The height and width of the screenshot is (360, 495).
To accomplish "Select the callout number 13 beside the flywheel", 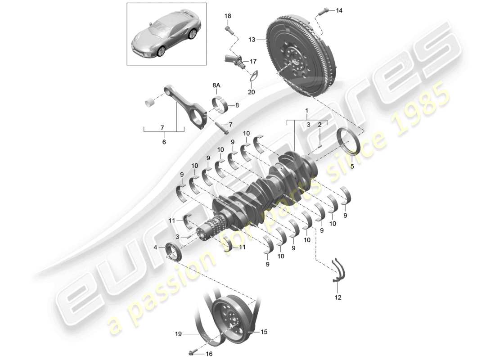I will coord(252,40).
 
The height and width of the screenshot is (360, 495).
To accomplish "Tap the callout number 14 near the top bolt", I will coord(339,10).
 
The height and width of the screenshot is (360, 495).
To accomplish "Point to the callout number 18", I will coord(228,16).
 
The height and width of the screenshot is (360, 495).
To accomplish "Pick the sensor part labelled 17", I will coord(234,60).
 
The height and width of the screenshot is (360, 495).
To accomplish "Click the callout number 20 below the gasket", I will coord(251,92).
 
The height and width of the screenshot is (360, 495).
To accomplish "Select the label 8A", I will coord(216,84).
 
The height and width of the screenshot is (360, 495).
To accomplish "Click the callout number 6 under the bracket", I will coord(164,142).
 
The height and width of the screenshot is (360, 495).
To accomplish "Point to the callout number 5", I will coord(352,166).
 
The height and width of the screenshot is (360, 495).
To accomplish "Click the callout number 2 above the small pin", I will coord(319,125).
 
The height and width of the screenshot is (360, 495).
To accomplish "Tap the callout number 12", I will coord(338,297).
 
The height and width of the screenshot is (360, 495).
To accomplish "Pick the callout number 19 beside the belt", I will coord(179,334).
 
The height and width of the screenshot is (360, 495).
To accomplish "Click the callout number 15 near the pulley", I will coord(264,332).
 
